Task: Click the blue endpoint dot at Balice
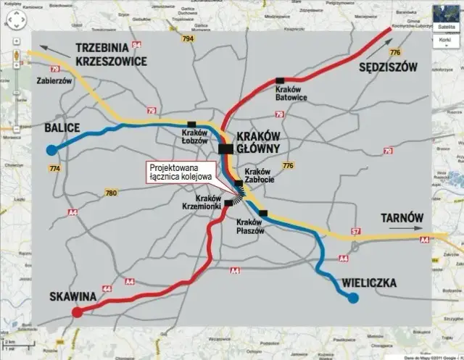pyautogui.click(x=51, y=150)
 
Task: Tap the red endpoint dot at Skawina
pyautogui.click(x=77, y=312)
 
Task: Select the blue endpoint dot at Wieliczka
pyautogui.click(x=353, y=298)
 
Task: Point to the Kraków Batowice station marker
pyautogui.click(x=280, y=80)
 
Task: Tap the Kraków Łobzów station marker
pyautogui.click(x=191, y=124)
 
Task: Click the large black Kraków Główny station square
pyautogui.click(x=225, y=148)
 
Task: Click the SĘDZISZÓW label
pyautogui.click(x=389, y=67)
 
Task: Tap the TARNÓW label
pyautogui.click(x=403, y=219)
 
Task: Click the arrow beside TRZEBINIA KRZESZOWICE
pyautogui.click(x=46, y=48)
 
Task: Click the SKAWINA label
pyautogui.click(x=74, y=296)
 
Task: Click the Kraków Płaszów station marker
pyautogui.click(x=262, y=213)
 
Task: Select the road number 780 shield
pyautogui.click(x=110, y=193)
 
